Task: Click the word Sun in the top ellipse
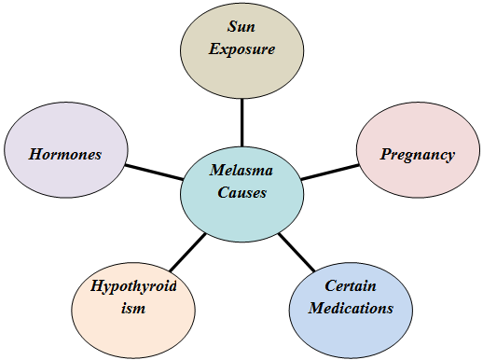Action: (x=241, y=28)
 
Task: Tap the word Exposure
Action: (x=241, y=48)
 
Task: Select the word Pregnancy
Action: (x=418, y=154)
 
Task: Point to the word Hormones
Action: (x=64, y=154)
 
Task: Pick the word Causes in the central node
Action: (x=241, y=194)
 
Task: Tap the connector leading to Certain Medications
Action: (x=297, y=250)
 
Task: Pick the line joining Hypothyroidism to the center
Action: (x=187, y=250)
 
